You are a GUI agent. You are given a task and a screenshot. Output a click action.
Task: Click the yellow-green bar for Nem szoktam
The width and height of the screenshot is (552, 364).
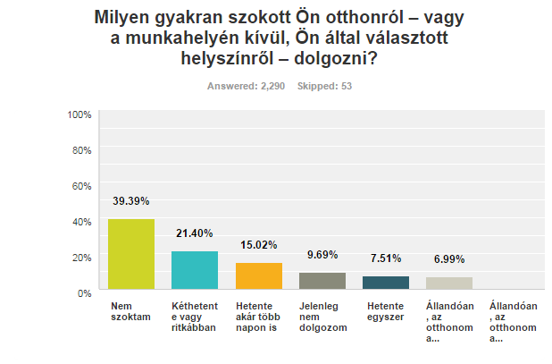coord(130,256)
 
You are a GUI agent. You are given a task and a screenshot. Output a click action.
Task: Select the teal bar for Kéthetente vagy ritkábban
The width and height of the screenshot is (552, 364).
coord(194,272)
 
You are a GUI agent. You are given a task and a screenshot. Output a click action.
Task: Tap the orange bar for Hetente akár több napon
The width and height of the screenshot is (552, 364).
coord(258,277)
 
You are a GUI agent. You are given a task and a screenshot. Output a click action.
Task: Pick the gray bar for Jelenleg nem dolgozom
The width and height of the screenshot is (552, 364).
coord(322,283)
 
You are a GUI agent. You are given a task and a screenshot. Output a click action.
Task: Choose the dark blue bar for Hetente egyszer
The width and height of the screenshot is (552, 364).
coord(385,284)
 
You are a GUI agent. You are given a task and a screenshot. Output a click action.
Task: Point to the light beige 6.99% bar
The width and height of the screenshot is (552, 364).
coord(449,285)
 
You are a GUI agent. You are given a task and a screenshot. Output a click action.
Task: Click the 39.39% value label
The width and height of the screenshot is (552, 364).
coord(130,201)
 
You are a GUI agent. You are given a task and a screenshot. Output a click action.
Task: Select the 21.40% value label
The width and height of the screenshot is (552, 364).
coord(194,233)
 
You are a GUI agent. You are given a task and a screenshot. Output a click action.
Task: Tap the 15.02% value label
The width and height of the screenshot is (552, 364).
coord(258,245)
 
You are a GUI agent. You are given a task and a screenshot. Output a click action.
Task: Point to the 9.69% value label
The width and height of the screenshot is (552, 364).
coord(322,255)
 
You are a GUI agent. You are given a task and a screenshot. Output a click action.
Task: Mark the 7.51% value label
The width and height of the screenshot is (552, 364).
coord(385,258)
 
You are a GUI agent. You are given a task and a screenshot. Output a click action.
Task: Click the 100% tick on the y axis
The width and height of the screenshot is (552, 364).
coord(79,114)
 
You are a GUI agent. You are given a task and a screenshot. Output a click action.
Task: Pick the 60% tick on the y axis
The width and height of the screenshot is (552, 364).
coord(82,185)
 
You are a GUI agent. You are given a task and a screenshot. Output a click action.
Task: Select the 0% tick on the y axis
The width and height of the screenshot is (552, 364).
coord(85,292)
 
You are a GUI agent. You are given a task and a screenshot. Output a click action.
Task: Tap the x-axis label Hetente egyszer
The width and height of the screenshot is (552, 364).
coord(385,311)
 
